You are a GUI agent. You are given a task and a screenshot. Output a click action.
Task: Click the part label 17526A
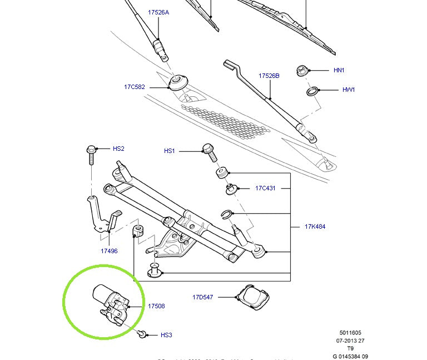158,12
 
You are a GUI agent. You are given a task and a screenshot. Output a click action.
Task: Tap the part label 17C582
135,87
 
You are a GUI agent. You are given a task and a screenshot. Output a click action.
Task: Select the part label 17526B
269,75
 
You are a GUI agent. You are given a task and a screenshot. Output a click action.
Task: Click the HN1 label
339,70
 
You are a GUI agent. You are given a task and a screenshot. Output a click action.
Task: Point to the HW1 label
349,90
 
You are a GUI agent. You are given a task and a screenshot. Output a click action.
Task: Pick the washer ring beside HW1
312,90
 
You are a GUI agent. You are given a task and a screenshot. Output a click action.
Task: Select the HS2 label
118,149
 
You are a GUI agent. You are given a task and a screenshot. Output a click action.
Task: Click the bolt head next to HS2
92,149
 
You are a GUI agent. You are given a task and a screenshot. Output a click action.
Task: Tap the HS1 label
170,151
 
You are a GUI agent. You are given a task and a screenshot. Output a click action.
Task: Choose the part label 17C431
266,188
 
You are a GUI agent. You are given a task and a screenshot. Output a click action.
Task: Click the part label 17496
109,251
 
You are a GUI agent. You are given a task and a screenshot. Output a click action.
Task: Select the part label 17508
156,306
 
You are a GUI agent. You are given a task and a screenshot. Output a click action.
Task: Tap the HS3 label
166,335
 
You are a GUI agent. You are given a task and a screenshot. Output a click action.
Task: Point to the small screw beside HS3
143,334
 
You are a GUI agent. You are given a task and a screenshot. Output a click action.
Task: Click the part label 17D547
203,297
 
